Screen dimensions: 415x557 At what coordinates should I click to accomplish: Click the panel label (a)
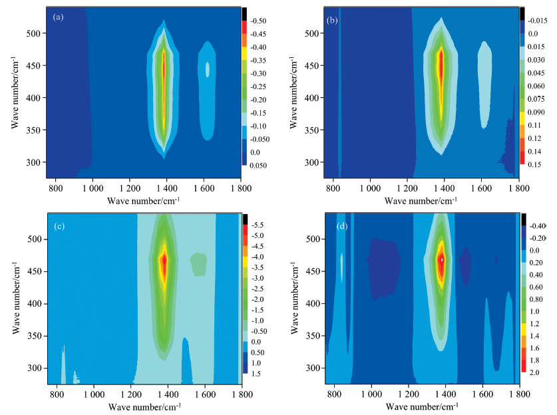tap(58, 17)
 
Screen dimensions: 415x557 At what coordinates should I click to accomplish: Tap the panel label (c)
tap(59, 226)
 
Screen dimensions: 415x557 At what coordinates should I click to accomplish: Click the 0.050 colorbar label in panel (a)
tap(257, 164)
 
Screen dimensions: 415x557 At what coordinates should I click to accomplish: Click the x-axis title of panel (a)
tap(143, 200)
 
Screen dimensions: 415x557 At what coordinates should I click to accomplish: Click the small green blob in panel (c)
tap(198, 263)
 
